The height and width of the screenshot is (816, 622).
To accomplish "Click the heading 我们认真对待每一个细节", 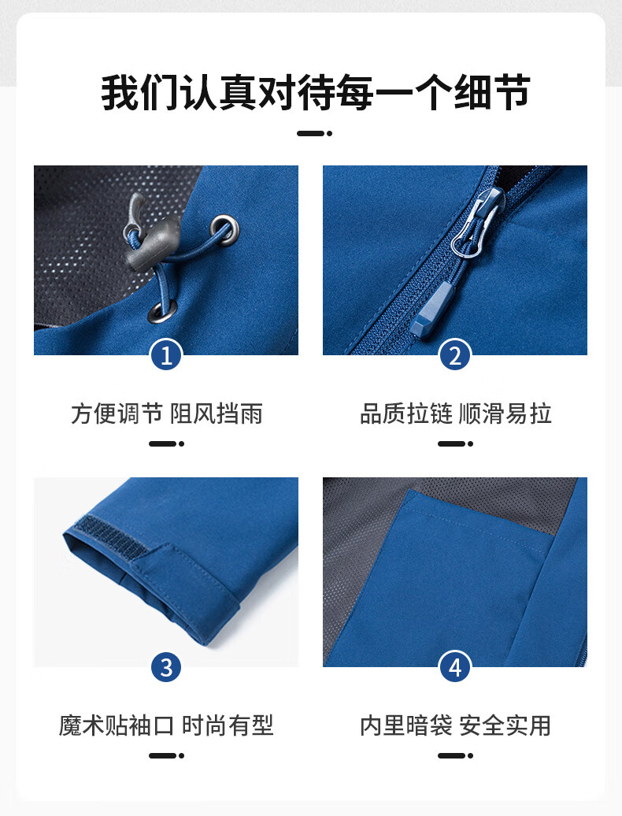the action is [x=315, y=93].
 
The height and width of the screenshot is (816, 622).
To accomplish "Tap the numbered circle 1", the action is [x=166, y=356].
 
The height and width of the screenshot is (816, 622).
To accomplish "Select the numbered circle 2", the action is [x=455, y=356].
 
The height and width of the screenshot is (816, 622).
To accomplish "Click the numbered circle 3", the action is [x=166, y=667].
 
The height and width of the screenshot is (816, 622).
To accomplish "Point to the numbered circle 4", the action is [x=455, y=667].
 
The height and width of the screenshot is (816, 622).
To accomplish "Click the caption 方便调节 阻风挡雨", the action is [x=166, y=414].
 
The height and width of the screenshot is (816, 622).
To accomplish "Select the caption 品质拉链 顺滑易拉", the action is [x=456, y=414].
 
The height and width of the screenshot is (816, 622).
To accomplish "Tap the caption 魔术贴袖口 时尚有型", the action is [x=166, y=725].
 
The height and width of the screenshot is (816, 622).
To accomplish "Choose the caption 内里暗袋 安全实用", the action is [x=456, y=725].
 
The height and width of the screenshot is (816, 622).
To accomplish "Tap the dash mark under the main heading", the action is [x=315, y=134].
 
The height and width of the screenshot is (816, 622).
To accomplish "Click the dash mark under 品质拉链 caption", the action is [x=455, y=444].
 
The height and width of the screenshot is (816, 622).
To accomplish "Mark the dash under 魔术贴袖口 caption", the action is [x=166, y=755].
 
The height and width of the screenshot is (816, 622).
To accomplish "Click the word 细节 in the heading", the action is [x=492, y=93].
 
